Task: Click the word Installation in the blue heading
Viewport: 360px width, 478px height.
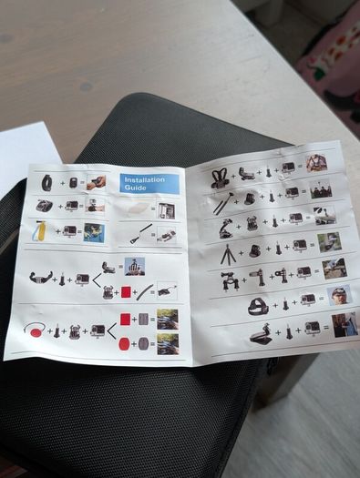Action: [x=144, y=180]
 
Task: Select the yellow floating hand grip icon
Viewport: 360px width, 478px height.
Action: [x=39, y=230]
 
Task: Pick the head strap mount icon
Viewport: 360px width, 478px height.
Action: [x=259, y=307]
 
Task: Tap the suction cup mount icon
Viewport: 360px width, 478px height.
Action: [x=226, y=228]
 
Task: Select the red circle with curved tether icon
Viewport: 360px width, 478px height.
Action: [x=35, y=331]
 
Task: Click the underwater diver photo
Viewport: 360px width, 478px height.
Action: [x=94, y=233]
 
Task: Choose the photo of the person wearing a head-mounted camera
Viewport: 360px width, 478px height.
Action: [x=339, y=295]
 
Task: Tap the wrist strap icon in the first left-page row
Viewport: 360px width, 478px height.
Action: [x=46, y=183]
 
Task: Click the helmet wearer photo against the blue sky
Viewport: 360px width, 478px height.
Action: [x=135, y=267]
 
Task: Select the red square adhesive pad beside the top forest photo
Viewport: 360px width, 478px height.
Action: [x=126, y=319]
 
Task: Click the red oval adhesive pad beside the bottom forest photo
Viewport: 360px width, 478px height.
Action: [x=124, y=344]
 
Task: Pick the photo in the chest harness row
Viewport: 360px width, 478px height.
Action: [x=316, y=163]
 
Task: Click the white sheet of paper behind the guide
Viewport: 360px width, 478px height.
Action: [x=25, y=151]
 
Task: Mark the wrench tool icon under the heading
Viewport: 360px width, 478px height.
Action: [x=141, y=234]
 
